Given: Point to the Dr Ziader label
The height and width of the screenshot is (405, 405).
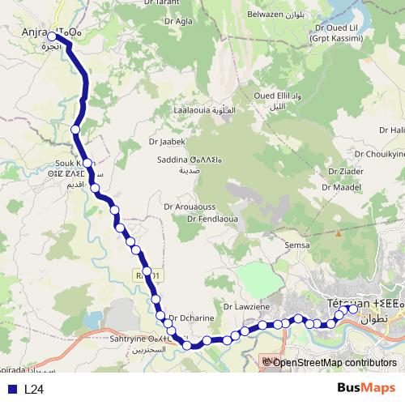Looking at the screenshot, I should [345, 172].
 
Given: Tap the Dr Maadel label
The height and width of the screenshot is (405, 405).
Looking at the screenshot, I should [340, 187].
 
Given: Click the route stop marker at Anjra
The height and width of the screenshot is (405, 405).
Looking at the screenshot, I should [53, 36].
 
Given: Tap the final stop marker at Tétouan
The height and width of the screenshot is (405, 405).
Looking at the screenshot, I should [353, 309].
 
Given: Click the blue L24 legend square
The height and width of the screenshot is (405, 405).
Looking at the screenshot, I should [12, 389].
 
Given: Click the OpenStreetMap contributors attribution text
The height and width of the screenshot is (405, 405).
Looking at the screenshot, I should [335, 362].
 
